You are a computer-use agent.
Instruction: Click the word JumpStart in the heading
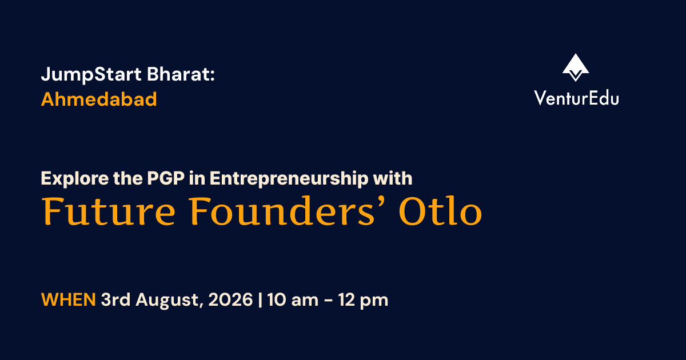91,74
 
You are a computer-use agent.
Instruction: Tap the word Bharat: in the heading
181,74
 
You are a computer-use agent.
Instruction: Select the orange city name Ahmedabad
99,99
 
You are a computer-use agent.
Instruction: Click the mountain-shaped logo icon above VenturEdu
576,67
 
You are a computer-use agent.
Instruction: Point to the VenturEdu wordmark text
576,98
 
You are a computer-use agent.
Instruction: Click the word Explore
75,178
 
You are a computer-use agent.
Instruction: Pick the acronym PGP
166,178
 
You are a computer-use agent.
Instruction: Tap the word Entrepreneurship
289,178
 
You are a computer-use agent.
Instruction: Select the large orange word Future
109,211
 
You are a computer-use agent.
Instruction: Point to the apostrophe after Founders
380,202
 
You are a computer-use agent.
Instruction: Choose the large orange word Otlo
440,211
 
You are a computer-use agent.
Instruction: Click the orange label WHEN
69,299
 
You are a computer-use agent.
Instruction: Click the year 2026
230,299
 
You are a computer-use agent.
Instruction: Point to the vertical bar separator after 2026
260,299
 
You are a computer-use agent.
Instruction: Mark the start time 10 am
293,299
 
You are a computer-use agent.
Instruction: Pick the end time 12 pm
363,300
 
